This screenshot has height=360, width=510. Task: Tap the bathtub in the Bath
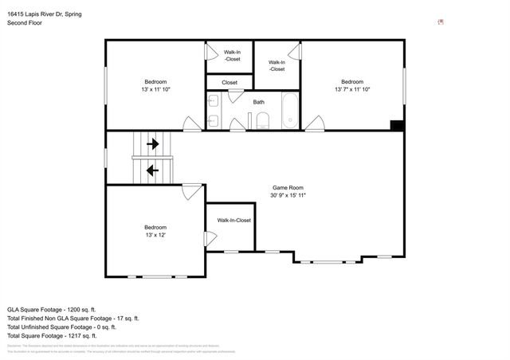pyautogui.click(x=290, y=111)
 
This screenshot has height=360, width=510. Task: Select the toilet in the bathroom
pyautogui.click(x=262, y=120)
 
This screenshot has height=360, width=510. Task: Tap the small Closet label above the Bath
pyautogui.click(x=229, y=82)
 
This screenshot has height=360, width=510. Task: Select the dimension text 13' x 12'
pyautogui.click(x=155, y=235)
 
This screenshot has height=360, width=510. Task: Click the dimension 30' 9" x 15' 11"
pyautogui.click(x=288, y=195)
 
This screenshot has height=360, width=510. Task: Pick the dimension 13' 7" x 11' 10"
pyautogui.click(x=352, y=89)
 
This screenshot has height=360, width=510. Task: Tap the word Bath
pyautogui.click(x=259, y=102)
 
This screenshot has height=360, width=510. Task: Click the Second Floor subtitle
pyautogui.click(x=25, y=23)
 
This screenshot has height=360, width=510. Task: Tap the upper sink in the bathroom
pyautogui.click(x=213, y=101)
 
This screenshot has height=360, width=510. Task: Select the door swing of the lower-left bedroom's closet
pyautogui.click(x=209, y=238)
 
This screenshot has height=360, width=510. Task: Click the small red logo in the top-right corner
pyautogui.click(x=441, y=22)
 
